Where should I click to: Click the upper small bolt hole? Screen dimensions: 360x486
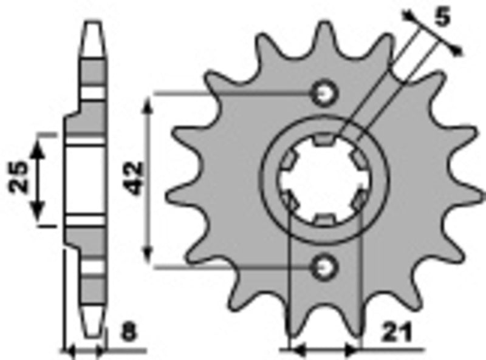point(323,93)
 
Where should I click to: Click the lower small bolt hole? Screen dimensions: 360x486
point(323,266)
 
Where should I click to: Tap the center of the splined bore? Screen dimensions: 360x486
point(323,180)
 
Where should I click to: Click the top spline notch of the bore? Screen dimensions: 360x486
point(323,141)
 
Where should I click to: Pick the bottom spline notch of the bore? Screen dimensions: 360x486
point(323,219)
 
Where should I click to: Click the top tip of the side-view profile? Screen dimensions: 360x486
point(92,24)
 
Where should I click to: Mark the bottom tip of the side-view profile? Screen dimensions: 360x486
point(92,335)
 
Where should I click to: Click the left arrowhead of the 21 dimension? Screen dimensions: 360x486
point(295,350)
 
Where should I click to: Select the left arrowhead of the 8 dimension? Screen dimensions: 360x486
point(69,350)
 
